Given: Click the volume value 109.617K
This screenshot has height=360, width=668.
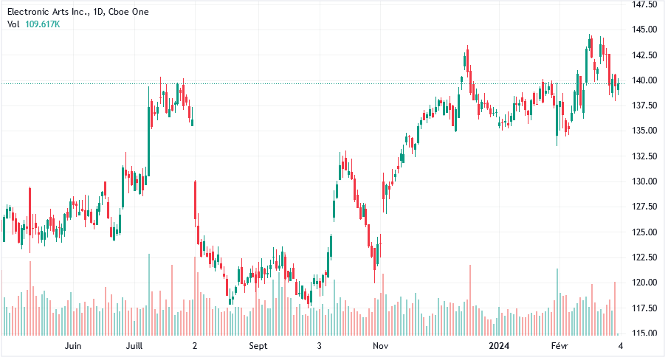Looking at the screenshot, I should tap(43, 24).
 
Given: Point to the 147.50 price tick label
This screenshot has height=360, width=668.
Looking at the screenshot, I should tap(644, 4).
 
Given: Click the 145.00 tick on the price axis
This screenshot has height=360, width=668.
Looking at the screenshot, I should tap(644, 30).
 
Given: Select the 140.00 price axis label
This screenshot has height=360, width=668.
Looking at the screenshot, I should tap(644, 80).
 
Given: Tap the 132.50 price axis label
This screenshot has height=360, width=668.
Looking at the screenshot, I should tap(644, 156).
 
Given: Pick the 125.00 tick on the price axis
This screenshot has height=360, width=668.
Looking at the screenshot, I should tap(644, 232).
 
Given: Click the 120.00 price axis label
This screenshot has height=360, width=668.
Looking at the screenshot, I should tap(644, 283).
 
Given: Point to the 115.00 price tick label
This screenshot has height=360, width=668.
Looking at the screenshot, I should tap(644, 333).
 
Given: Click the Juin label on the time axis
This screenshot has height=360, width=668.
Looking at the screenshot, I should tap(72, 345).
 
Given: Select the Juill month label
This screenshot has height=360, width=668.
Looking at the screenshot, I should tap(134, 345).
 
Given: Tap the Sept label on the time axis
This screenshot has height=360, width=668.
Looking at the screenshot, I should tap(258, 345).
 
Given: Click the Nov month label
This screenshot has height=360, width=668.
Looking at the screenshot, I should tap(380, 345).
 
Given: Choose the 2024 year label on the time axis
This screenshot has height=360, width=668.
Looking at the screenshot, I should tap(500, 345).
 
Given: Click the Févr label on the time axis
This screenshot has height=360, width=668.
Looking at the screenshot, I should tap(562, 345).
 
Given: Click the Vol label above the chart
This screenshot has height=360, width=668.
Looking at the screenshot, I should tap(13, 24).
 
